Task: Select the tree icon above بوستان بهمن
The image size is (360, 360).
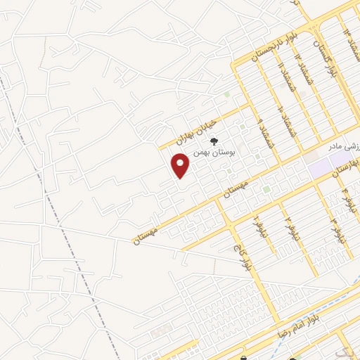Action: coord(224,141)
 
